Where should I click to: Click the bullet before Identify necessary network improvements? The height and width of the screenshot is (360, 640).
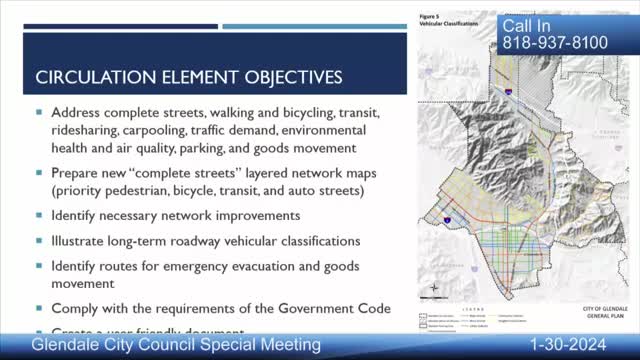pyautogui.click(x=39, y=216)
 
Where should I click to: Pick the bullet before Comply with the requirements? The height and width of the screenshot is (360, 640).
pyautogui.click(x=39, y=310)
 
